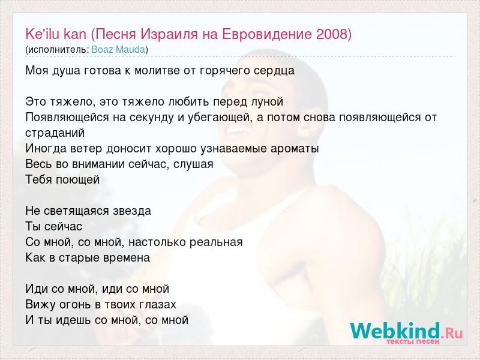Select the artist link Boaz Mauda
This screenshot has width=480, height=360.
[118, 50]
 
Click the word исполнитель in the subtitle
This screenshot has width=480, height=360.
[57, 50]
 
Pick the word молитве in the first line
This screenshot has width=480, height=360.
[156, 70]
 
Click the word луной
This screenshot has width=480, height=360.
[265, 101]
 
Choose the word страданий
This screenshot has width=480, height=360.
[55, 133]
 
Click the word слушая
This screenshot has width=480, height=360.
[193, 164]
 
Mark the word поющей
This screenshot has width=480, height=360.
[77, 179]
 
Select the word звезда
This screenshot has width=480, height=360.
[132, 211]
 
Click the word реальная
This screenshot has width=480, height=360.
[216, 242]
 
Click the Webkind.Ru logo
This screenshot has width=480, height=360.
[406, 331]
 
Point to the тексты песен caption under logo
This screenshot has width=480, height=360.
[413, 341]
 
